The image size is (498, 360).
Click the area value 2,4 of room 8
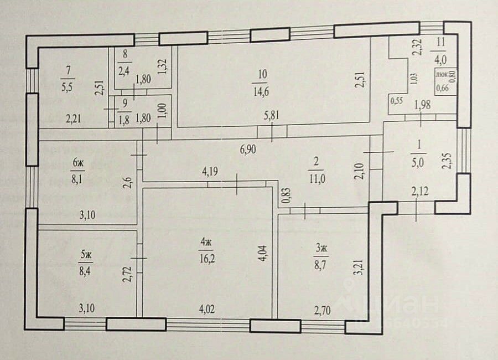click(x=123, y=71)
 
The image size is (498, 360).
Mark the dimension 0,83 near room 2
click(x=286, y=197)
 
